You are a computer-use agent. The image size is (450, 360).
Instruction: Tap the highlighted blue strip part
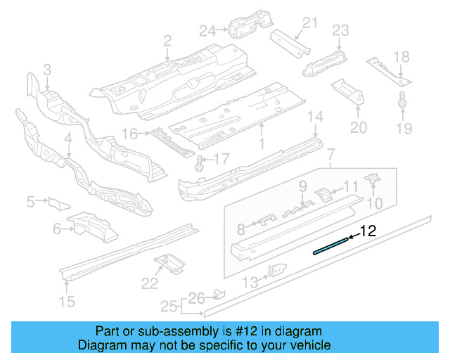331,245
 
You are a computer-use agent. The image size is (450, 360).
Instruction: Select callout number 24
207,30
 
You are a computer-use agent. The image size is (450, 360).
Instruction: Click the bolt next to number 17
199,162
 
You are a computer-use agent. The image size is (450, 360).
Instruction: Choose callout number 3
47,70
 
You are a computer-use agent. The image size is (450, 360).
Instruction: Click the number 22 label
150,283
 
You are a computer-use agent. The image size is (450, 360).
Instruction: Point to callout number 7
331,154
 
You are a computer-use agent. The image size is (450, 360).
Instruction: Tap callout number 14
316,117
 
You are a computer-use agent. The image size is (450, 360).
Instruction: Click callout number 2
167,41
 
